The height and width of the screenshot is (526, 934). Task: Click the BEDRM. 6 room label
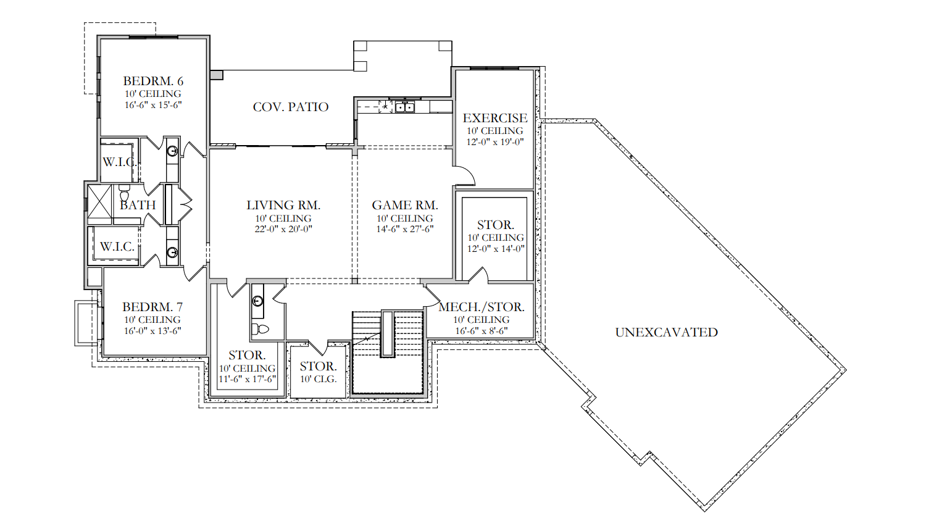click(153, 81)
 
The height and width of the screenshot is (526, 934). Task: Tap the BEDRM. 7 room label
click(152, 307)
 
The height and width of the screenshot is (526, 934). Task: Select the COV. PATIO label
click(291, 107)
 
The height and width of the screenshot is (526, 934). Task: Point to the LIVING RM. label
click(283, 205)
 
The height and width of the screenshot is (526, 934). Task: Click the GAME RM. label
click(405, 205)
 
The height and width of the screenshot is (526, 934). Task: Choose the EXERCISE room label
click(495, 118)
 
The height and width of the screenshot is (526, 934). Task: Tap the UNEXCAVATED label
click(666, 332)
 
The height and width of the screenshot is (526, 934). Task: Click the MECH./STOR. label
click(482, 307)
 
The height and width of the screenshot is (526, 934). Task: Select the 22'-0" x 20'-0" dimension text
click(283, 229)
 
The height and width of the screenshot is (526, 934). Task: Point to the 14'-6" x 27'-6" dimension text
click(405, 229)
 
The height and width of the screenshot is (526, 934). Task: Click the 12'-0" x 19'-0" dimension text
click(495, 142)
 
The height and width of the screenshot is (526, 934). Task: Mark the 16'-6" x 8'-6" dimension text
click(482, 331)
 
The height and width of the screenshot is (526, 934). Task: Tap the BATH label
click(138, 205)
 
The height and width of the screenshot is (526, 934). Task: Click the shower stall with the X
click(99, 202)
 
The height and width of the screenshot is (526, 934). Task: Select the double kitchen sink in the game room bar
click(404, 107)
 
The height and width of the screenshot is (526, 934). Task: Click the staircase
click(388, 352)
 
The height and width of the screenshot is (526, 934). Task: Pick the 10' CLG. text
click(318, 380)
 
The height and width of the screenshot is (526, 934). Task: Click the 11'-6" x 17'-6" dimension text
click(248, 380)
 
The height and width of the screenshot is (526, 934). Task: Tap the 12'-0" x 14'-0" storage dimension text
click(496, 249)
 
